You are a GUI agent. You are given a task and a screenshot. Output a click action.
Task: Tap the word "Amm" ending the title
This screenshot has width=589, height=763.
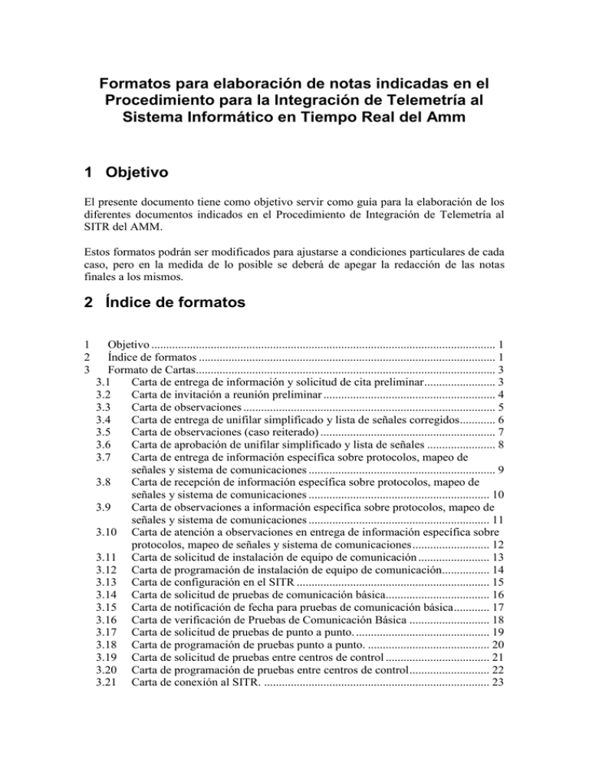[469, 121]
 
